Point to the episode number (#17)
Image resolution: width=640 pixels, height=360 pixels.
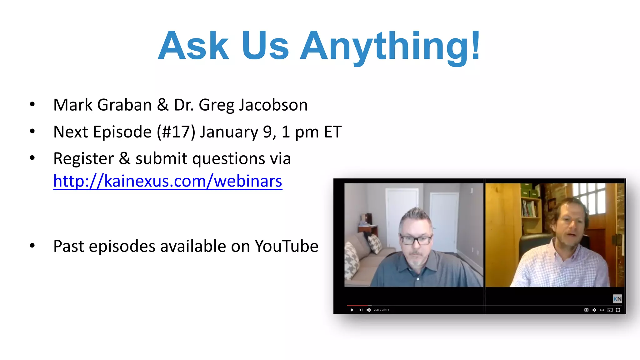[x=176, y=132]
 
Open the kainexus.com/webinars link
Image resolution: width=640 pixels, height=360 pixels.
[x=168, y=181]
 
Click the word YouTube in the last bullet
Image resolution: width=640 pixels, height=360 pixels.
[x=286, y=246]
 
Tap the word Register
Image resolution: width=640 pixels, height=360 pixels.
[x=83, y=158]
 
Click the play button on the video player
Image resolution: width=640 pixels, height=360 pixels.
[x=352, y=310]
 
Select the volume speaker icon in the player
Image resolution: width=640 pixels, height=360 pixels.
[x=368, y=310]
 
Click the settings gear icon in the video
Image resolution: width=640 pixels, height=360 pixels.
[x=594, y=310]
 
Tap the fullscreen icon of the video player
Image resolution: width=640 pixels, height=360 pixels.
[x=618, y=310]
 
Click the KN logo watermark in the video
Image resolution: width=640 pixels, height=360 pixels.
[x=617, y=299]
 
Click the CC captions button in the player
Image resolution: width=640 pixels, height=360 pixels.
[x=586, y=310]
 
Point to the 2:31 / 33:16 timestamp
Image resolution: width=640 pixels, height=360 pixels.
[x=382, y=310]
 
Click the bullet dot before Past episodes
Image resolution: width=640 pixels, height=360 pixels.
[x=32, y=246]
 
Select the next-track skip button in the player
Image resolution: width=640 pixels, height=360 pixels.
[x=361, y=310]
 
